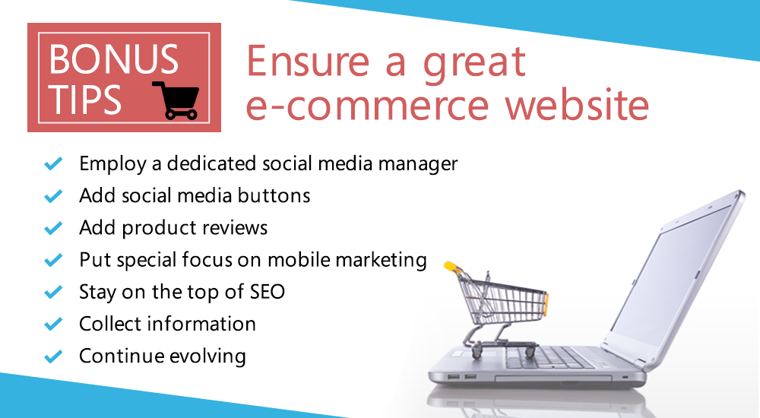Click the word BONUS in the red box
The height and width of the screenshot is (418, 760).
(x=114, y=59)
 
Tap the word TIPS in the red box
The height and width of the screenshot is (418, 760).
(x=85, y=100)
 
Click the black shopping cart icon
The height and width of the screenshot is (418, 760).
(x=176, y=100)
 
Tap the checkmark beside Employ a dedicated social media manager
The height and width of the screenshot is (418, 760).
(x=53, y=163)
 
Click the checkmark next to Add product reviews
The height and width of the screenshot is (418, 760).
(x=53, y=227)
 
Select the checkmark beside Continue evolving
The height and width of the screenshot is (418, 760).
(x=53, y=356)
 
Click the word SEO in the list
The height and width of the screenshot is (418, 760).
(x=267, y=292)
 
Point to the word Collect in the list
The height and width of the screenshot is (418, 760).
(x=110, y=324)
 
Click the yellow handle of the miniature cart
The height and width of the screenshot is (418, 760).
(x=451, y=266)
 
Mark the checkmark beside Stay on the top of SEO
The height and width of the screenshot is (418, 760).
(x=53, y=292)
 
